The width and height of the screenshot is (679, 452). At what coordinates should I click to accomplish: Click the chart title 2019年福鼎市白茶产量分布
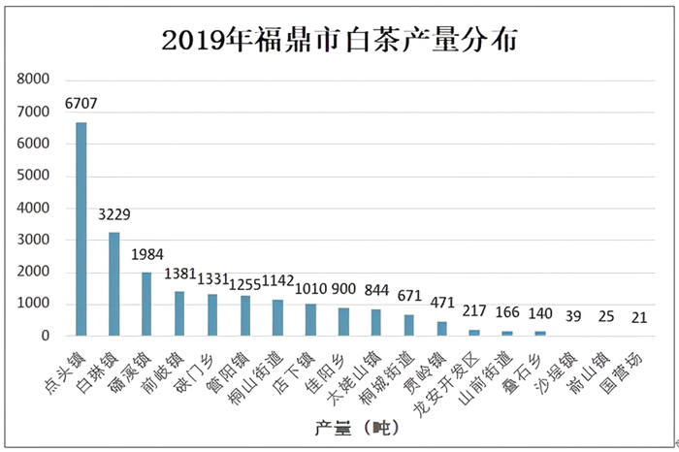(x=339, y=40)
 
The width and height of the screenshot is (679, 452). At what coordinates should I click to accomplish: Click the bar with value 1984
(x=146, y=304)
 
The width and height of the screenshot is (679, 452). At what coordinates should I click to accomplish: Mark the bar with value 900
(x=343, y=321)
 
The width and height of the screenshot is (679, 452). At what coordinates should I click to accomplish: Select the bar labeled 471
(x=441, y=328)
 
